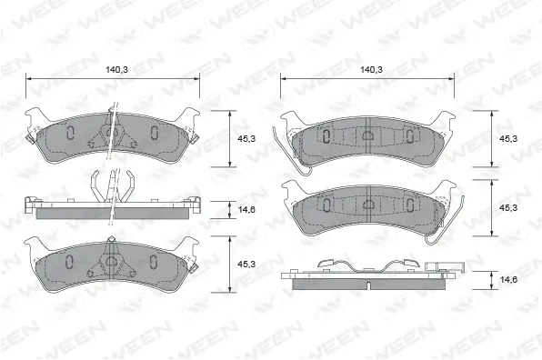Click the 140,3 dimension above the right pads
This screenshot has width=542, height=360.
click(x=369, y=69)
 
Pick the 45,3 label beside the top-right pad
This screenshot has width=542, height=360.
click(x=509, y=138)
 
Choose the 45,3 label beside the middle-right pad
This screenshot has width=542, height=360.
click(x=509, y=207)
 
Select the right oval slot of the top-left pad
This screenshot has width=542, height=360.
click(x=154, y=134)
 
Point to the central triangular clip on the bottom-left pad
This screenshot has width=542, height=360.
click(x=112, y=260)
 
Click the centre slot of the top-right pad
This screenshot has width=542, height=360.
click(x=368, y=136)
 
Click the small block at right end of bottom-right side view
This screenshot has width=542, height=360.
click(x=448, y=267)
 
